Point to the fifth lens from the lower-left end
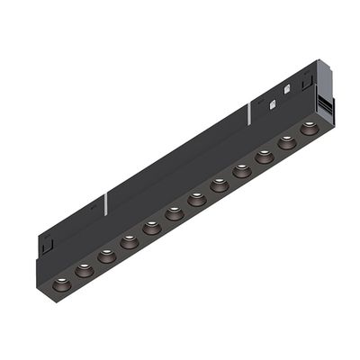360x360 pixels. (x=152, y=228)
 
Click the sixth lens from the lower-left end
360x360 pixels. (x=175, y=213)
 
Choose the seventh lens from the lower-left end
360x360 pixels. (x=197, y=199)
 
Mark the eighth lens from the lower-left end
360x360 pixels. (x=220, y=185)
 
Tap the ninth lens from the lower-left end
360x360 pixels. (x=242, y=171)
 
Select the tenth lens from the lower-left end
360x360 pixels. (x=265, y=157)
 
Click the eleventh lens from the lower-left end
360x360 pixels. (x=287, y=142)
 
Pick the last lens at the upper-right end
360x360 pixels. (x=309, y=129)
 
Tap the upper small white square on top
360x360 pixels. (x=286, y=89)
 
